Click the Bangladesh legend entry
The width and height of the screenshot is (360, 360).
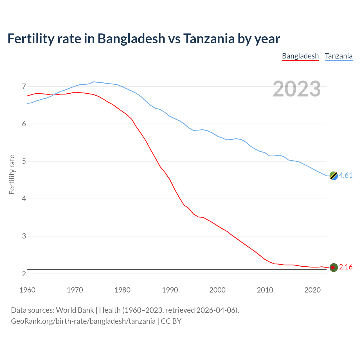pos(300,56)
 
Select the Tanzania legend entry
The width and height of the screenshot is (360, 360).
pos(339,56)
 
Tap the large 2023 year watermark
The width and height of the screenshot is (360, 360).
pos(296,89)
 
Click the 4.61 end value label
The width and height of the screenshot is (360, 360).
pos(346,175)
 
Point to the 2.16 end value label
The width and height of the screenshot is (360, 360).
pos(346,267)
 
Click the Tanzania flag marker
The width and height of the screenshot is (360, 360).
pos(334,175)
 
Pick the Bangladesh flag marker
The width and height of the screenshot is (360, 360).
pos(334,267)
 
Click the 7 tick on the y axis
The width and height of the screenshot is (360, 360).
pos(24,86)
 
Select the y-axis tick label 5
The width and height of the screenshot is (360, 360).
pos(24,161)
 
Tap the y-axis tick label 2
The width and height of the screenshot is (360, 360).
pos(24,273)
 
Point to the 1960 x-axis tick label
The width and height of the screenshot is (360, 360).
pos(27,290)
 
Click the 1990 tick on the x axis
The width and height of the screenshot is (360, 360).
pos(170,290)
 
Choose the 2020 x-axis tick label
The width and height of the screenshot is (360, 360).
pos(312,290)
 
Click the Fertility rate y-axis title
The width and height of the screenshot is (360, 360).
pos(12,174)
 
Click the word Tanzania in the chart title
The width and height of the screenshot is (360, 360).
pos(209,39)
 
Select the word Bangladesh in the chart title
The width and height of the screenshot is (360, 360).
pos(131,39)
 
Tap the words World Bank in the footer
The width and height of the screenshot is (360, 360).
pos(75,310)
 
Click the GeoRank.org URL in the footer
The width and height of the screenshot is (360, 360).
pos(83,321)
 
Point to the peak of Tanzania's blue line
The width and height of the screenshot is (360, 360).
pos(94,82)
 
